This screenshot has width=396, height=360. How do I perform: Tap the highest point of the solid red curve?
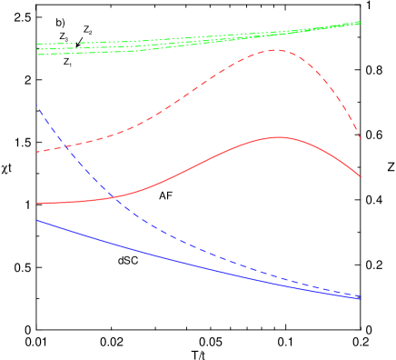point(277,137)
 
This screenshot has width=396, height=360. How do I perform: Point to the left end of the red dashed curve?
point(37,152)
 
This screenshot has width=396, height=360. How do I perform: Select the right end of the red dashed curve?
point(361,139)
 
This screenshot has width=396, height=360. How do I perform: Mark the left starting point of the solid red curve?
point(37,204)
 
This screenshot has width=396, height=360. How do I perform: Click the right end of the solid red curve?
point(361,177)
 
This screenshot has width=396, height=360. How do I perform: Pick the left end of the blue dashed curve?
point(37,105)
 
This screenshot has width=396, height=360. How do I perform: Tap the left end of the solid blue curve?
point(37,220)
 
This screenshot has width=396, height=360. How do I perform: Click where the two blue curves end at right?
point(361,297)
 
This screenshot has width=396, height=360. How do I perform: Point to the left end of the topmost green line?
point(37,44)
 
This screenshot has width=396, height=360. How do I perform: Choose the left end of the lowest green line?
point(37,55)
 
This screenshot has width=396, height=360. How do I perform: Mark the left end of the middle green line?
point(37,49)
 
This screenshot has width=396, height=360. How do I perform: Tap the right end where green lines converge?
point(361,22)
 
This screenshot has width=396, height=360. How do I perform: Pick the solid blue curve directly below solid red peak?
point(277,283)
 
